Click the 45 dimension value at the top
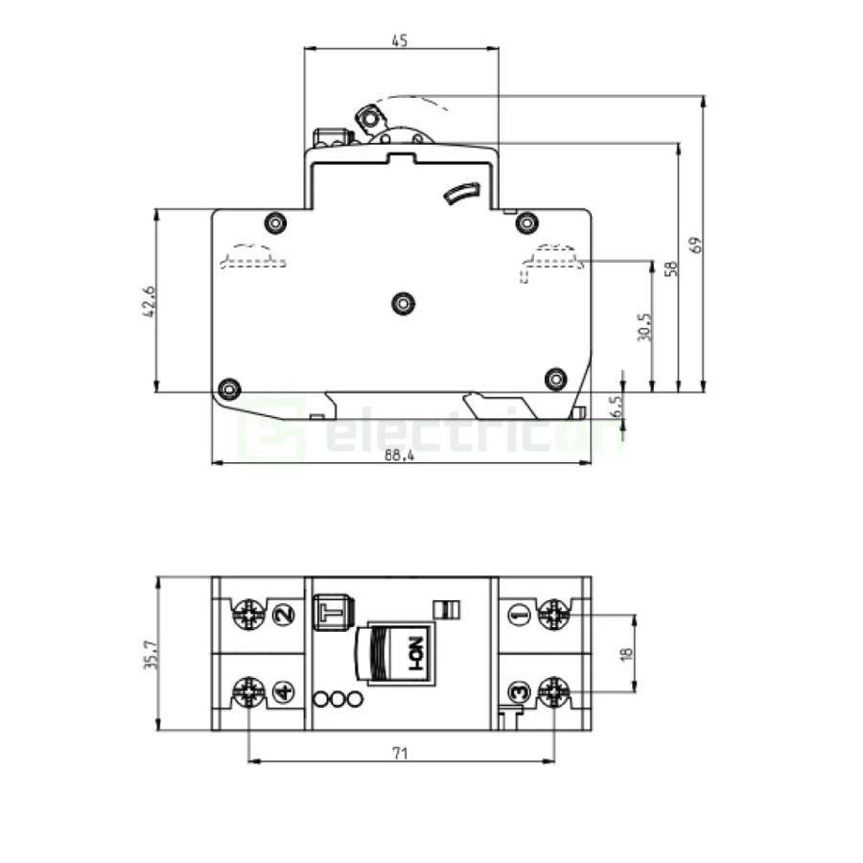pos(400,40)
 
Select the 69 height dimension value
pos(696,245)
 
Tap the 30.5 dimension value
pos(645,328)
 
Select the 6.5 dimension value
pos(617,405)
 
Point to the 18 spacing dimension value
pos(627,653)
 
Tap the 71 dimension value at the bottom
pos(400,755)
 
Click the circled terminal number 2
pos(284,615)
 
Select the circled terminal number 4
pos(284,690)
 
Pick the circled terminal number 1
pos(519,615)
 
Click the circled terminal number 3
pos(519,690)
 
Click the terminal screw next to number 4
pos(248,690)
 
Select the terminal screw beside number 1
pos(553,615)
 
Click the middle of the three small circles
pos(338,701)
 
